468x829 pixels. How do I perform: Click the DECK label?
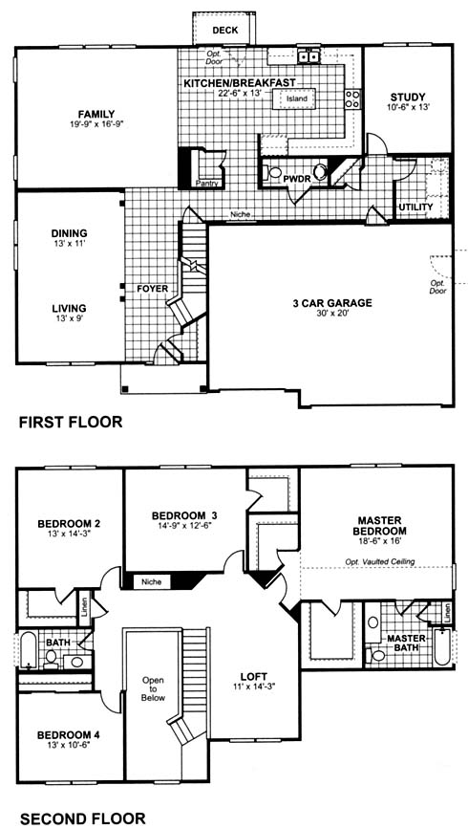click(x=225, y=31)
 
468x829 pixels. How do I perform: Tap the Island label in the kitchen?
click(x=296, y=98)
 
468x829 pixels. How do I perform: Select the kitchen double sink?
click(x=308, y=55)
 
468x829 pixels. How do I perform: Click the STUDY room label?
click(x=407, y=97)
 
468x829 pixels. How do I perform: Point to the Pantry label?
click(x=206, y=184)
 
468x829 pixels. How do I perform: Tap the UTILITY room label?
click(x=415, y=207)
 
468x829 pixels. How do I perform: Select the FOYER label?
click(x=152, y=289)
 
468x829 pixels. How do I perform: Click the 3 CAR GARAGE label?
click(x=332, y=303)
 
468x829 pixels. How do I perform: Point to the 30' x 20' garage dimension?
click(x=332, y=313)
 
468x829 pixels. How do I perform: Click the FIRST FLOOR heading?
click(x=71, y=422)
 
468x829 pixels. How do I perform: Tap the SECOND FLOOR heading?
click(x=82, y=818)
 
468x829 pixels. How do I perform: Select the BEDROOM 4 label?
click(x=69, y=735)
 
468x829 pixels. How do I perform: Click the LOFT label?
click(x=253, y=676)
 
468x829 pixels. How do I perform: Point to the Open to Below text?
click(x=154, y=688)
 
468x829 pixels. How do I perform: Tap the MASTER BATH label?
click(x=406, y=642)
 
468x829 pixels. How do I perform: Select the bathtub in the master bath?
click(x=441, y=646)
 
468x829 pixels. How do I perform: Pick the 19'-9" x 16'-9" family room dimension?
click(x=96, y=123)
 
